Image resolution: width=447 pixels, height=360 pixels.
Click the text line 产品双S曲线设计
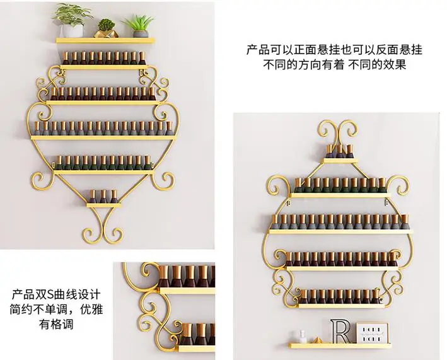click(x=55, y=294)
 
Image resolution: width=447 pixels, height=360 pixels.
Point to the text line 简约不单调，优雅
click(x=55, y=310)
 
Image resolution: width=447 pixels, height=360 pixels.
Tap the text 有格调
click(x=55, y=325)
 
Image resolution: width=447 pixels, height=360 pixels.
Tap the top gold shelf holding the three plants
click(x=105, y=40)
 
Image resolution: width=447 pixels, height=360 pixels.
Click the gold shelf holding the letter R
click(x=340, y=345)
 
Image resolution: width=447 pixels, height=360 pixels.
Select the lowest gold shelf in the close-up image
click(x=195, y=347)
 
